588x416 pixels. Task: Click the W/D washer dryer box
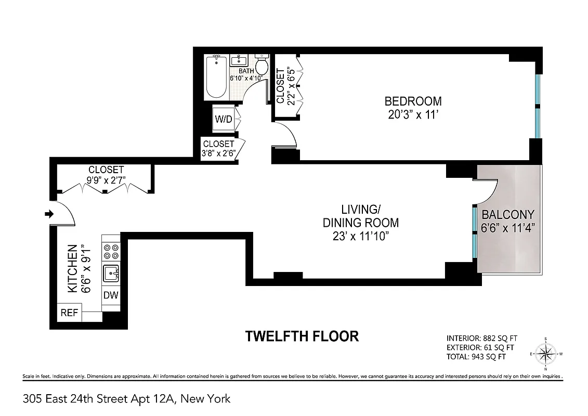224,119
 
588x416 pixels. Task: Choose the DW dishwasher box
111,295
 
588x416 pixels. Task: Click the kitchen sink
111,272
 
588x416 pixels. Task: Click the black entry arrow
49,214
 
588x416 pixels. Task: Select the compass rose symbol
546,354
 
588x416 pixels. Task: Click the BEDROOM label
413,101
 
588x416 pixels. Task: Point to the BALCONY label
507,214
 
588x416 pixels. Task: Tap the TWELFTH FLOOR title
302,336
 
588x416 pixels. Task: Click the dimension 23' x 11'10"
361,237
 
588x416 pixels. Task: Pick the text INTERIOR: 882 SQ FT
482,337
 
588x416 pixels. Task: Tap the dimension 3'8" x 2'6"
219,153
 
